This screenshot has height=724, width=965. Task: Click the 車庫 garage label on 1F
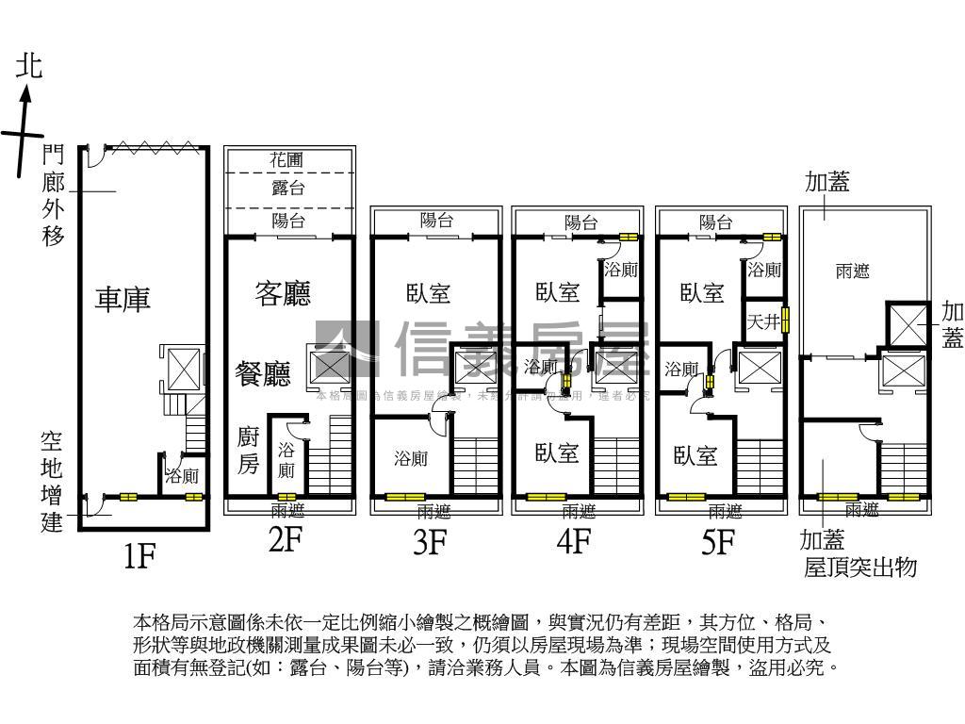[123, 300]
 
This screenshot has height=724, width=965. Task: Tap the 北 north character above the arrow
[29, 66]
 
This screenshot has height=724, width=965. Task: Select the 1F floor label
[139, 557]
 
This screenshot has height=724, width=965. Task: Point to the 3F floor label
[430, 542]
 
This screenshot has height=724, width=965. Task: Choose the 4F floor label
[573, 542]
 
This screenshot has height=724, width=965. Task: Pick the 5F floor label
[718, 542]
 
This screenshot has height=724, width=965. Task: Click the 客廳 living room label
[283, 293]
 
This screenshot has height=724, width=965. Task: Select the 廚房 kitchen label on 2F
[247, 450]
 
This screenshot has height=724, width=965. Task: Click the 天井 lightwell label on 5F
[762, 322]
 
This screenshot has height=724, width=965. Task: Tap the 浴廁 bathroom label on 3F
[411, 459]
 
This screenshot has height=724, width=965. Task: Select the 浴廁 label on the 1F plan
[182, 476]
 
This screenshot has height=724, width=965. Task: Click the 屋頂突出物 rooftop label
[859, 568]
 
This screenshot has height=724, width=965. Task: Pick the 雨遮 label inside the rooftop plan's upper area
[852, 271]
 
